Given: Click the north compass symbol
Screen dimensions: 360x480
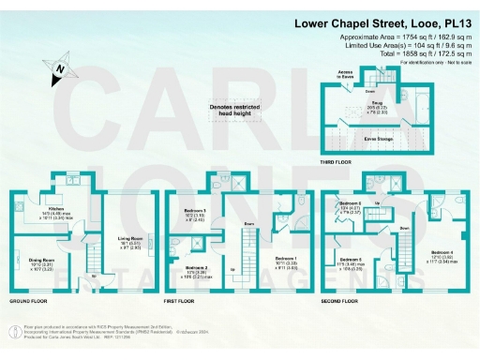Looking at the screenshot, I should [59, 69].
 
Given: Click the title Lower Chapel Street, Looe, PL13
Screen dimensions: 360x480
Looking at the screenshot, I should [384, 22].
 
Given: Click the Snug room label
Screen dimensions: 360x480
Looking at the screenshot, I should [377, 104].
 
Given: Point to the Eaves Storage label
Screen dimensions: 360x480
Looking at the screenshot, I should [377, 137].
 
